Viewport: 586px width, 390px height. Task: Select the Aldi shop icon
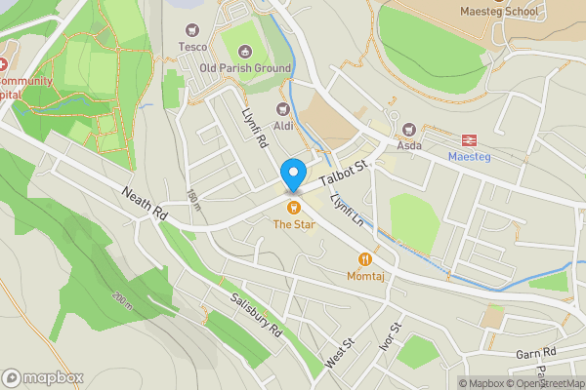pos(284,109)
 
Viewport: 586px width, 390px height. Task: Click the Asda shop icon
pos(409,129)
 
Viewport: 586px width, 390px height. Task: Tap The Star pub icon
pos(292,207)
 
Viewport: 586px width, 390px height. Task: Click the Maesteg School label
pos(500,12)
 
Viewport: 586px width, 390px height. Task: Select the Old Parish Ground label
pos(245,68)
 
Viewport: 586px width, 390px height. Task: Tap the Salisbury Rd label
pos(256,315)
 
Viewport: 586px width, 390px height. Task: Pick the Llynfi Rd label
pos(255,128)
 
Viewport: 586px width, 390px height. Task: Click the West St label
pos(339,354)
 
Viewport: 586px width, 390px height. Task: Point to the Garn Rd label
pos(536,352)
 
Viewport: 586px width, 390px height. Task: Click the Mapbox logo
pos(43,377)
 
